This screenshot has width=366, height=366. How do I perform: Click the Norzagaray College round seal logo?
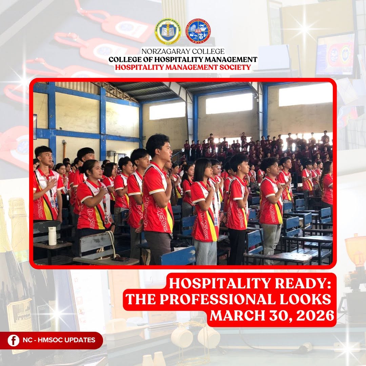168,31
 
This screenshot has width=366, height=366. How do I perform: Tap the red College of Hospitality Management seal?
198,31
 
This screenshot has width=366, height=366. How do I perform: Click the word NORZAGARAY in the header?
163,52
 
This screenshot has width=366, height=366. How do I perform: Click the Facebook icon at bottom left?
13,340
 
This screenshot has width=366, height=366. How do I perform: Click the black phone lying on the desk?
120,259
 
